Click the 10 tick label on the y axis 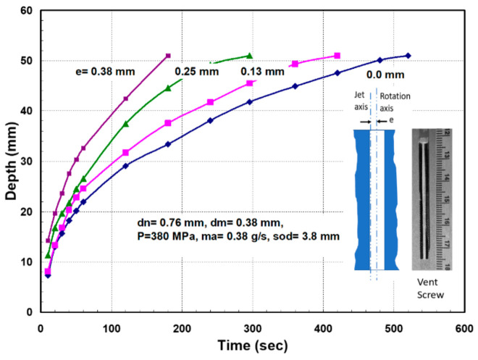coord(27,262)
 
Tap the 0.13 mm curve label coord(264,71)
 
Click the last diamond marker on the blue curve coord(408,56)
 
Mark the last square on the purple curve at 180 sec coord(168,56)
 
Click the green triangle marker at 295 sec coord(249,56)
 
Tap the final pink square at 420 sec coord(337,56)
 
